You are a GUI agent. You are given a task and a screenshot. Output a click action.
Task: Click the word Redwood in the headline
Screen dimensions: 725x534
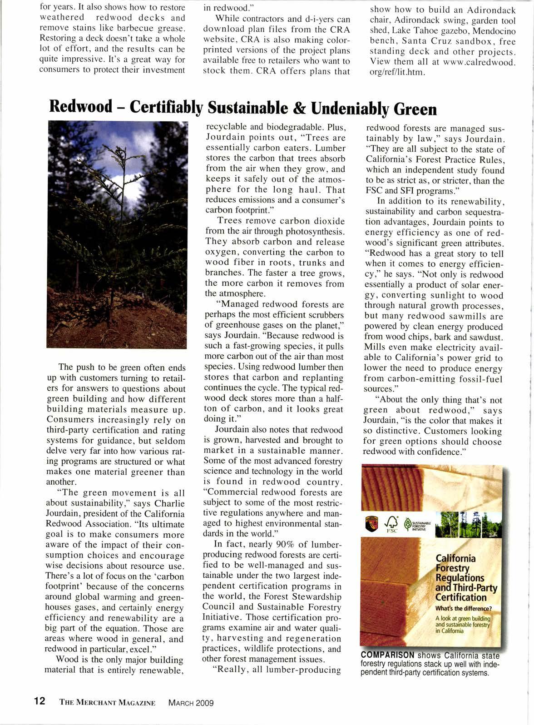click(81, 107)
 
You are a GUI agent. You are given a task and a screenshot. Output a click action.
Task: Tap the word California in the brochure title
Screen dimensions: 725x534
click(455, 558)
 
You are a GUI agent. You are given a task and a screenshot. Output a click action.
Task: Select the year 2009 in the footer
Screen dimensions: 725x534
click(204, 703)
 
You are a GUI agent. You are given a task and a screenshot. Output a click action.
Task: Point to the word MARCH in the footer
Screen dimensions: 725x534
click(181, 703)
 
